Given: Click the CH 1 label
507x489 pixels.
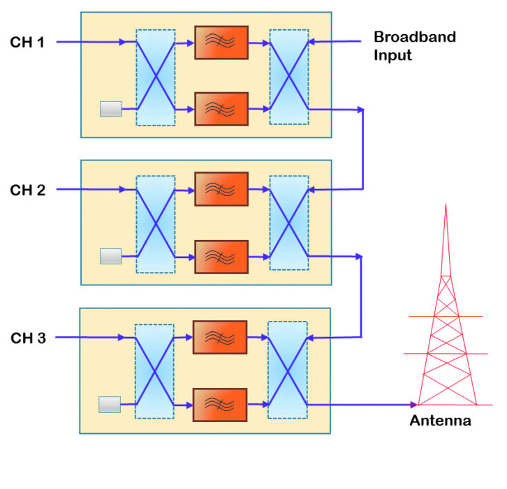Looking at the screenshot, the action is pos(27,43).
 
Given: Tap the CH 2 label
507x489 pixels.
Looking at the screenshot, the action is pos(27,190).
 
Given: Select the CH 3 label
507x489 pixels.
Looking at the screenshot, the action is pos(28,338).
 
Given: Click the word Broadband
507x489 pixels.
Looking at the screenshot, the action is pos(415,37).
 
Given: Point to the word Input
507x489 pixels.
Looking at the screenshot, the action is pos(392,56).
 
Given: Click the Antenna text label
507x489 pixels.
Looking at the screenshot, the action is pos(440,421).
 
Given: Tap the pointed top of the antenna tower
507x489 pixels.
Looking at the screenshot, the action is pos(446,204).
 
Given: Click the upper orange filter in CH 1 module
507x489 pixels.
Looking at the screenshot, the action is pos(221,43).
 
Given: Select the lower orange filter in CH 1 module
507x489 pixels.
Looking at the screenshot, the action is pos(221,109).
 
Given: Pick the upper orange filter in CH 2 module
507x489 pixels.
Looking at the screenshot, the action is pos(221,189).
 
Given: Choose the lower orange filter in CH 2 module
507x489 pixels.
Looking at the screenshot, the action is pos(221,257).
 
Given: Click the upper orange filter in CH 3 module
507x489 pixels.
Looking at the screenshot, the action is pos(220,338).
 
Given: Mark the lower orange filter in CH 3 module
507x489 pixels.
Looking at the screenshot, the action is pos(220,405).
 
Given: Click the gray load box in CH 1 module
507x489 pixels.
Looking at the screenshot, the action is pos(111,109).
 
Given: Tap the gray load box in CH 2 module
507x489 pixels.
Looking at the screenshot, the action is pos(111,257).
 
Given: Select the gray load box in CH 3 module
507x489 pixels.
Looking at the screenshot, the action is pos(110,405).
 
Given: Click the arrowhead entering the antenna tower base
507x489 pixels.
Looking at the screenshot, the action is pos(413,405).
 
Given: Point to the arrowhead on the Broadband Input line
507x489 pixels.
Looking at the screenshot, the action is pos(311,42).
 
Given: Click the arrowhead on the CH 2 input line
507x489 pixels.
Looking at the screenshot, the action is pos(122,189).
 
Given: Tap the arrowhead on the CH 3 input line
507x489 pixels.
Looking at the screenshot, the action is pos(122,338).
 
